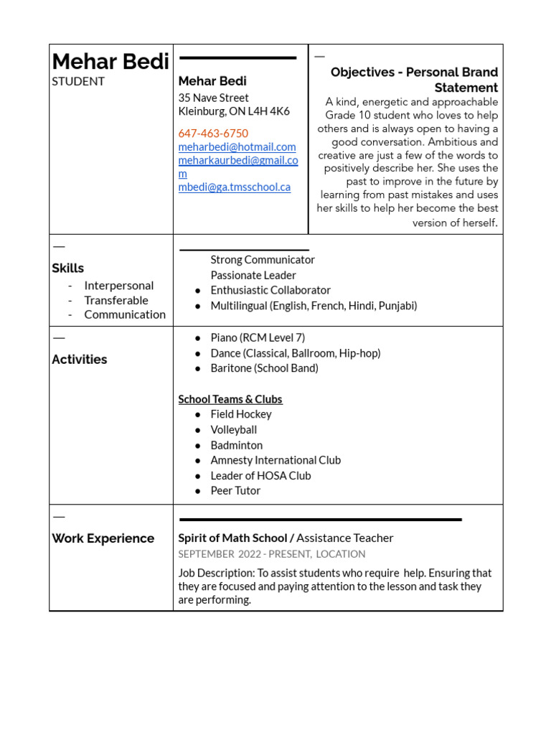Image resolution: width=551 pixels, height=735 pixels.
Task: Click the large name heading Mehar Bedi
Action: coord(110,62)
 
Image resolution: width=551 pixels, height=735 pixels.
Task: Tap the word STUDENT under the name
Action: coord(78,81)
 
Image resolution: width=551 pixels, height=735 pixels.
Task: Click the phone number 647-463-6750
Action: coord(213,134)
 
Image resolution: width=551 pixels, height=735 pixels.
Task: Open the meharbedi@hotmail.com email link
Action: coord(237,147)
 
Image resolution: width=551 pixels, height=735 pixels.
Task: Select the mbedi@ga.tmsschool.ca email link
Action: coord(234,187)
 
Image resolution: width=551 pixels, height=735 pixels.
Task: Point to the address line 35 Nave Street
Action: coord(213,98)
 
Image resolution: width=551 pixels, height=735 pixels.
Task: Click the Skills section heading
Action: coord(67,268)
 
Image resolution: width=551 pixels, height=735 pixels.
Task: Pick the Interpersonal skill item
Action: coord(118,286)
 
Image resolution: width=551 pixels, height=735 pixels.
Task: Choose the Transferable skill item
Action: coord(116,300)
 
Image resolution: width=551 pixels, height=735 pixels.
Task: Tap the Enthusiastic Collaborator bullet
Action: coord(270,291)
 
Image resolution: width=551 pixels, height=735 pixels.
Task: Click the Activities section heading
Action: coord(80,360)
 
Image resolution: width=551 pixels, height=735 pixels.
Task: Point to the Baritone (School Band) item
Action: coord(264,368)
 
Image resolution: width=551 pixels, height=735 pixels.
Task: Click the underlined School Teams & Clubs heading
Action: coord(230,399)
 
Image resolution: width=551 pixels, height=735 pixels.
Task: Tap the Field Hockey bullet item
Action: coord(241,414)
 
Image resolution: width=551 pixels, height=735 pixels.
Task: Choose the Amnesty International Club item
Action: coord(275,460)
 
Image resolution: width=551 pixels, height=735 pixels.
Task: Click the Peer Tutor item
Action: coord(235,491)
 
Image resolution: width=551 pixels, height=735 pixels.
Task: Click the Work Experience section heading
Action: coord(103,538)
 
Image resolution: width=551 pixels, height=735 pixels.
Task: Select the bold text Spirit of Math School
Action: coord(232,538)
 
